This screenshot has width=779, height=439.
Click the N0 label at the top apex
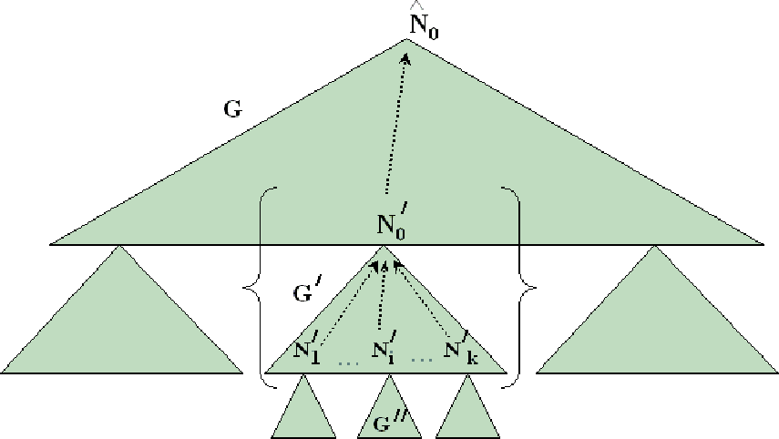click(424, 25)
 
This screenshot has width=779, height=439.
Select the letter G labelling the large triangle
click(232, 108)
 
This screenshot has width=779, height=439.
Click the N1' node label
click(306, 348)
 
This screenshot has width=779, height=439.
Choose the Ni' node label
click(384, 347)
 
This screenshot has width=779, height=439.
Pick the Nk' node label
click(461, 348)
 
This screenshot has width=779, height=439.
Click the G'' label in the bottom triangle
click(390, 421)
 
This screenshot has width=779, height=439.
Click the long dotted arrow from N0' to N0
click(396, 124)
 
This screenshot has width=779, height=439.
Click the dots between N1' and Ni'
click(348, 364)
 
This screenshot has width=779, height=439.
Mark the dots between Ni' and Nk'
click(422, 360)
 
